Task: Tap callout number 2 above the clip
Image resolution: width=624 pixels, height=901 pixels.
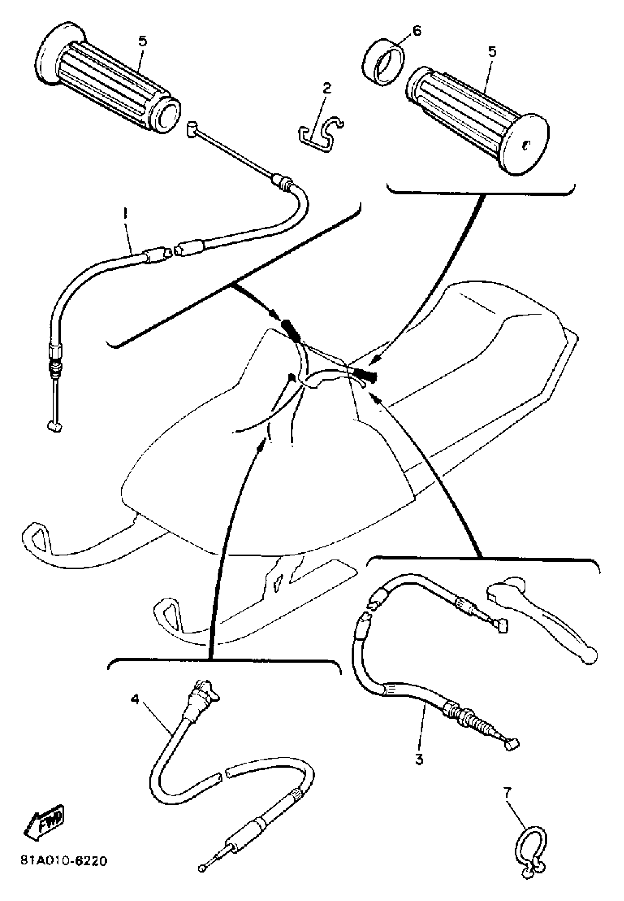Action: [x=327, y=88]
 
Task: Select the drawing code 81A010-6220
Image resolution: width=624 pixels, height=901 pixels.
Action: [x=64, y=861]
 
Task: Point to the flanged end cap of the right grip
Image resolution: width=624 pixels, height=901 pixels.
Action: [x=526, y=143]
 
